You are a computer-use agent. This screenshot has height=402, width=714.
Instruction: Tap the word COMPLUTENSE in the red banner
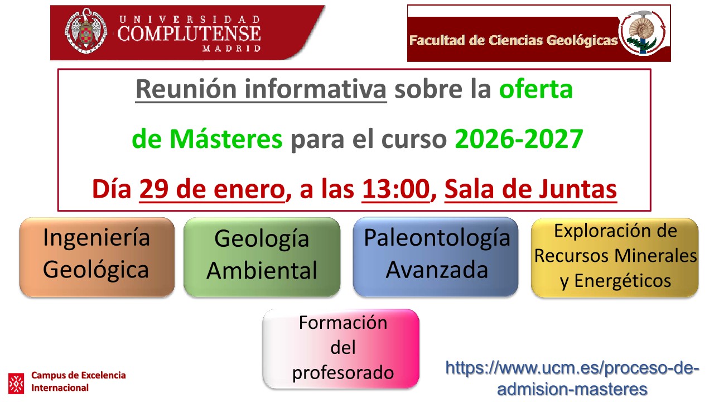pyautogui.click(x=189, y=33)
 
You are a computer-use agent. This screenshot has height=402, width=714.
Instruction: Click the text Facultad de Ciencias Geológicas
pyautogui.click(x=513, y=40)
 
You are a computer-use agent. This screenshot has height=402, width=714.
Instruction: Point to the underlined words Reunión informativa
pyautogui.click(x=260, y=89)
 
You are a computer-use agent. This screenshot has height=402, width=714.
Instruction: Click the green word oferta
pyautogui.click(x=535, y=89)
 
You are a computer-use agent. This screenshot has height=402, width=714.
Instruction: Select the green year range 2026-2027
pyautogui.click(x=519, y=140)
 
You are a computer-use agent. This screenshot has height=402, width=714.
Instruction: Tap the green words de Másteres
pyautogui.click(x=207, y=140)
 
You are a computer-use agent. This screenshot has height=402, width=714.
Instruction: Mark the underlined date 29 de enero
pyautogui.click(x=211, y=190)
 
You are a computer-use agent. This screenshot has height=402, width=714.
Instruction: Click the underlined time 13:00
pyautogui.click(x=396, y=190)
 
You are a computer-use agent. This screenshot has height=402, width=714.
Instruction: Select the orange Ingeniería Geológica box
pyautogui.click(x=97, y=257)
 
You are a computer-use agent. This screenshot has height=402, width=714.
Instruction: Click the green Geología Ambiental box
pyautogui.click(x=262, y=257)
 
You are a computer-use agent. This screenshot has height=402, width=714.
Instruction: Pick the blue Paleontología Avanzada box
pyautogui.click(x=436, y=257)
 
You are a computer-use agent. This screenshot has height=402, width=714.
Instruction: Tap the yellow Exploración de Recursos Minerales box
pyautogui.click(x=615, y=257)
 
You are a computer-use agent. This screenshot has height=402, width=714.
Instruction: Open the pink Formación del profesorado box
pyautogui.click(x=341, y=348)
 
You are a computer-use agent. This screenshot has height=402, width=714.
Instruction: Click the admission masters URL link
pyautogui.click(x=572, y=378)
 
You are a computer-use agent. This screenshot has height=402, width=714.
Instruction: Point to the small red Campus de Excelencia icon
pyautogui.click(x=16, y=383)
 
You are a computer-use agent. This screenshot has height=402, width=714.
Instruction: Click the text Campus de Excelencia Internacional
pyautogui.click(x=78, y=381)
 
